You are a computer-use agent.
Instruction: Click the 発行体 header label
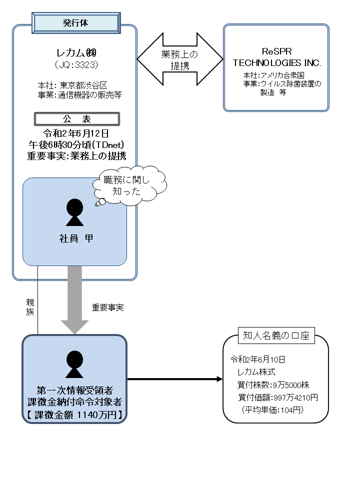76,22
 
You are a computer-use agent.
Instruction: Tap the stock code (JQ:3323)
76,65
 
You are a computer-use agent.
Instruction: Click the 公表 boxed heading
76,119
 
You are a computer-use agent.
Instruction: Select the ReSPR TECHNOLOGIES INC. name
276,57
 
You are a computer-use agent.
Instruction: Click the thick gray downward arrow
74,299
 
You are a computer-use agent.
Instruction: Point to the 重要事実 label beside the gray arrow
107,307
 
